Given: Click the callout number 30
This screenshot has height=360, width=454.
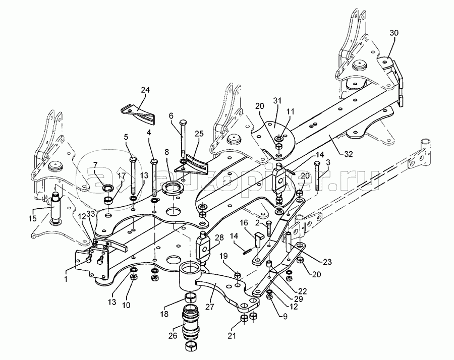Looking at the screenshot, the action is tap(393, 33).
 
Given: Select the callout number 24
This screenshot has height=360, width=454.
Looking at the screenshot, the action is tap(145, 90).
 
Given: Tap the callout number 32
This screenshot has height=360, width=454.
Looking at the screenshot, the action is tap(349, 154).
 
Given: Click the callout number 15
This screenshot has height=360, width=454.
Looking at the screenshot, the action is tap(32, 218).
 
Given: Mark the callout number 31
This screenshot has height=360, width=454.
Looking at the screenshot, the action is tap(277, 100).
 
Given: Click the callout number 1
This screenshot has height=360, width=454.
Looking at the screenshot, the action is tap(66, 279).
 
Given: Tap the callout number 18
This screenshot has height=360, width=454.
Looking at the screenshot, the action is tap(164, 314).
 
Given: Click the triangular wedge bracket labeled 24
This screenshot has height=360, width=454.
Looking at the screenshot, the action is tap(138, 114).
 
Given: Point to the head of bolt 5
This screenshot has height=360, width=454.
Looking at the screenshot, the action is tap(133, 159).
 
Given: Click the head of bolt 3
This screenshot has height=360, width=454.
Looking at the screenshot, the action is tap(317, 163).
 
